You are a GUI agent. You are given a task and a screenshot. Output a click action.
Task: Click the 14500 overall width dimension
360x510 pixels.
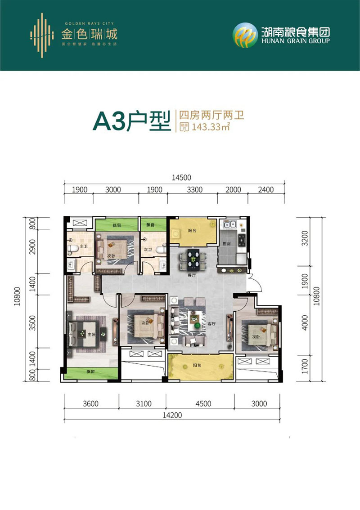pyautogui.click(x=179, y=178)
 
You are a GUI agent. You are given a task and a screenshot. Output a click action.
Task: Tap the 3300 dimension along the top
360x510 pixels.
pyautogui.click(x=192, y=190)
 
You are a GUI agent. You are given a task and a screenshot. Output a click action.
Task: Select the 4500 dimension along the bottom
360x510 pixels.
pyautogui.click(x=203, y=403)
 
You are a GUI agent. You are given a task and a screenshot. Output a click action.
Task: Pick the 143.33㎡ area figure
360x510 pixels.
pyautogui.click(x=211, y=127)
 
